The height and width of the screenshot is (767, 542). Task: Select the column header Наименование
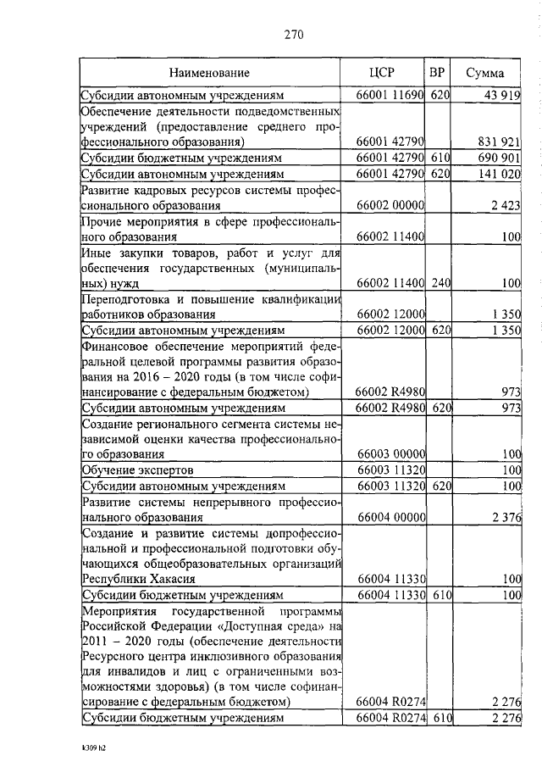tap(208, 74)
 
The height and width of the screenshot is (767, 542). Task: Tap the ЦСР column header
tap(384, 73)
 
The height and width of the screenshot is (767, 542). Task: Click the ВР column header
tap(437, 73)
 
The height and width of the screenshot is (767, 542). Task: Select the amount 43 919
tap(501, 96)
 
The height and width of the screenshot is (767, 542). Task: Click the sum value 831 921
tap(499, 142)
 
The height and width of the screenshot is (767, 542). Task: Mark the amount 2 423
tap(505, 205)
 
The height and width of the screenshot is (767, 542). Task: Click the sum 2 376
tap(505, 516)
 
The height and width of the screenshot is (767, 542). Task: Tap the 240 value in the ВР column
tap(438, 282)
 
